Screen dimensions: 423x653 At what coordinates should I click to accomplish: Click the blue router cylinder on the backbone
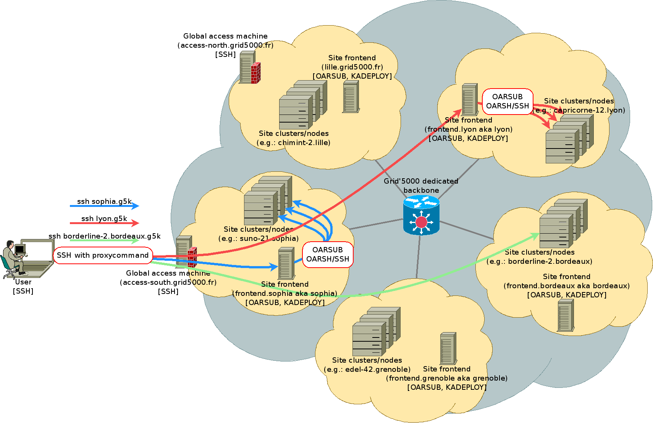point(421,216)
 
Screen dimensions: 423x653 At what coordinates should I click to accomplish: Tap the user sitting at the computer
point(11,258)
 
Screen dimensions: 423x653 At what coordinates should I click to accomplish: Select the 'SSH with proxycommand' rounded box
point(103,255)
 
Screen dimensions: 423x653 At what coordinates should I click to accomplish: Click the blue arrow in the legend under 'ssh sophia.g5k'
point(104,206)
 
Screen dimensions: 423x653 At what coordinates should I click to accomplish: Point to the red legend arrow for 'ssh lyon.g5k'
point(104,223)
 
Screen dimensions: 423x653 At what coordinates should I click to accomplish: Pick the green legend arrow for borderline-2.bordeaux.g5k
point(104,241)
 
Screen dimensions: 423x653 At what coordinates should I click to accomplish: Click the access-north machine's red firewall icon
point(255,73)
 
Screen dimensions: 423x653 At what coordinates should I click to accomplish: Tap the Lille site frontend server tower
point(351,97)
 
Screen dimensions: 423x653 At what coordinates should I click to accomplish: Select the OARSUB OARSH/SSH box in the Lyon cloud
point(508,102)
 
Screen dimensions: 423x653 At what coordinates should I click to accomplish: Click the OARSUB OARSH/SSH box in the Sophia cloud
point(328,255)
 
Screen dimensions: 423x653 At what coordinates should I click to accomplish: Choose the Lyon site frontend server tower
point(469,100)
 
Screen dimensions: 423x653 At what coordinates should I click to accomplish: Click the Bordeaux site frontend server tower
point(566,315)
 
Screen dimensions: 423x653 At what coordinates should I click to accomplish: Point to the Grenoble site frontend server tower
point(448,348)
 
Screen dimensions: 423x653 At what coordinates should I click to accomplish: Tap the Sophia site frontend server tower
point(286,263)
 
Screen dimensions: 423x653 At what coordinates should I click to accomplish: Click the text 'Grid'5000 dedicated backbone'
point(421,186)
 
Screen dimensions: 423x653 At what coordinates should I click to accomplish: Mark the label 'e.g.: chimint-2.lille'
point(293,143)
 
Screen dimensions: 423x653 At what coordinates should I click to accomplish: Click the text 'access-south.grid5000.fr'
point(168,282)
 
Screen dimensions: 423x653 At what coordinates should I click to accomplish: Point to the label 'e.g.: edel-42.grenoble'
point(367,369)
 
